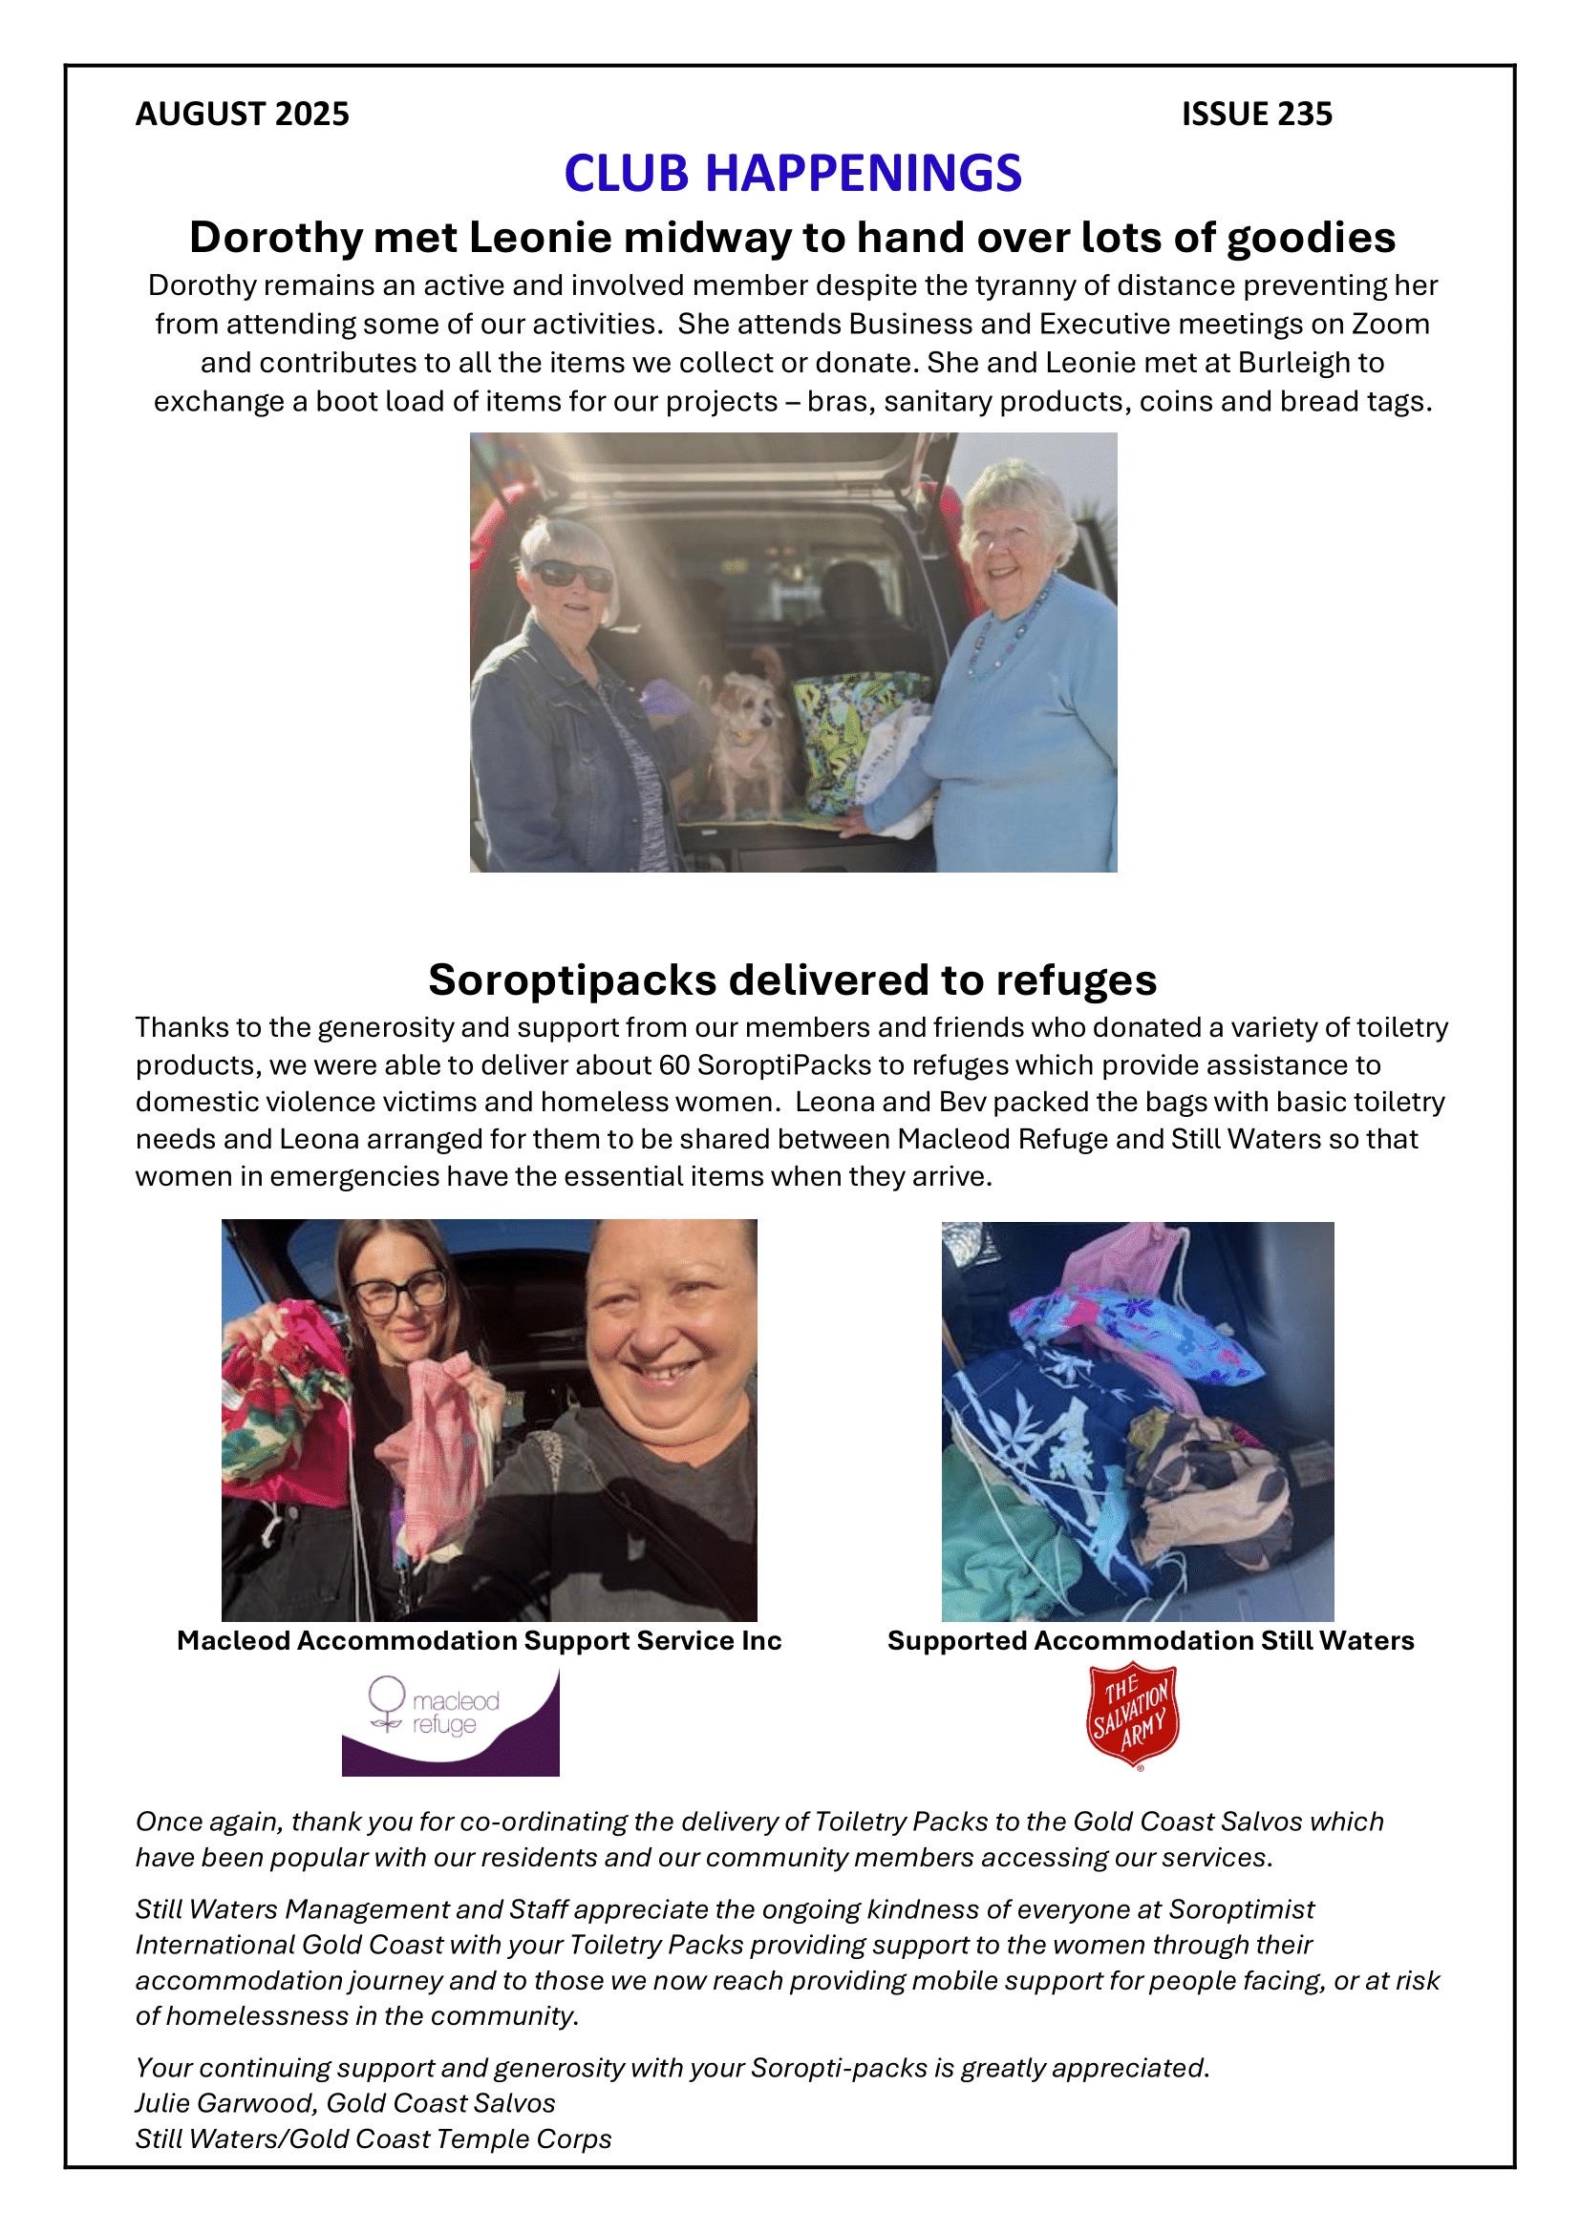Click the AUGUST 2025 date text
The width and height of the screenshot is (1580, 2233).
(x=243, y=114)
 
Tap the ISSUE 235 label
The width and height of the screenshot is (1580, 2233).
(x=1256, y=114)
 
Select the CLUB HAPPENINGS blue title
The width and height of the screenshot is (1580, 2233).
(x=792, y=173)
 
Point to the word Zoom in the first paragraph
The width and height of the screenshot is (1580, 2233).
(x=1390, y=324)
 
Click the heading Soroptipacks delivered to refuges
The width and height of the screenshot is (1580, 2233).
(x=792, y=980)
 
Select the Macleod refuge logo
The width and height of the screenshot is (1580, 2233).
(x=451, y=1722)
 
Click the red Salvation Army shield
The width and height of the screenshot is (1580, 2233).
(x=1133, y=1716)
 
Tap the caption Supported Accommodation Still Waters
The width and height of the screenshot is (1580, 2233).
(x=1150, y=1641)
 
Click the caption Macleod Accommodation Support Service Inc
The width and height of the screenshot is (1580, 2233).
(x=479, y=1641)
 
